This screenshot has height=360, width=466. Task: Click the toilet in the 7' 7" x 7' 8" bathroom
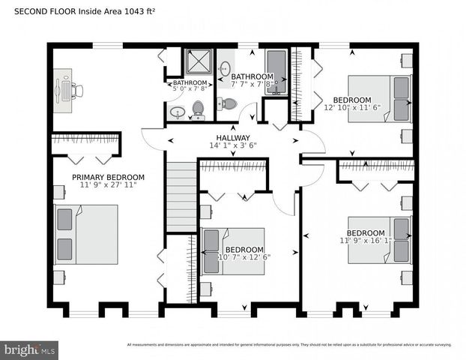[227, 103]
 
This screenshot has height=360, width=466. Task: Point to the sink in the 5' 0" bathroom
[178, 112]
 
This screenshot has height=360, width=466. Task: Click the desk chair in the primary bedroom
[78, 90]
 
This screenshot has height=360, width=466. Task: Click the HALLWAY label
[233, 138]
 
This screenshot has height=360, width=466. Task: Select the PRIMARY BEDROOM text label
[108, 178]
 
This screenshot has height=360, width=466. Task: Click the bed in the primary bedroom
[85, 234]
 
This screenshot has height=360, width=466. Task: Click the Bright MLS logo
[30, 349]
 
